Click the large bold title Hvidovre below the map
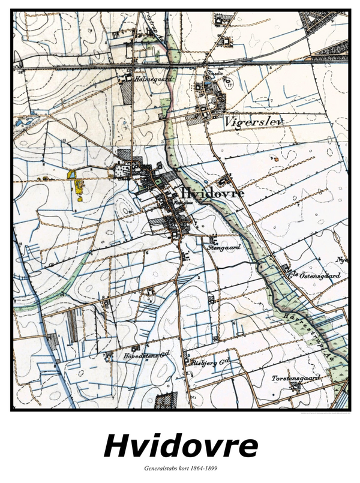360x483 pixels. click(x=181, y=446)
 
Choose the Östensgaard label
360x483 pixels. click(x=316, y=275)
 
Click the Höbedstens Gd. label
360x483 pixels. click(x=144, y=356)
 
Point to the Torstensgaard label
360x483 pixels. click(x=293, y=378)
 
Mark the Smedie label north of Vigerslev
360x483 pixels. click(x=214, y=74)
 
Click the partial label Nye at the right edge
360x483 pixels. click(x=343, y=260)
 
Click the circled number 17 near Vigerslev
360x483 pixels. click(x=230, y=85)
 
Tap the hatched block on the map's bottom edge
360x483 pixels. click(x=166, y=401)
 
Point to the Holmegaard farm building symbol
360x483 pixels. click(x=128, y=77)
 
